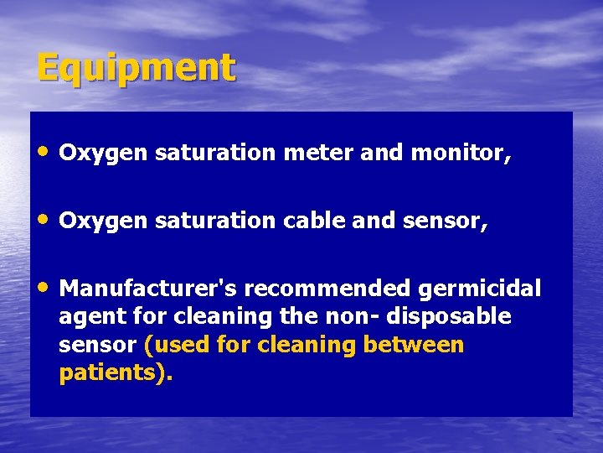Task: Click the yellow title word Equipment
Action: click(x=136, y=68)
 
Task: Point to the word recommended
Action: click(x=328, y=289)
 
